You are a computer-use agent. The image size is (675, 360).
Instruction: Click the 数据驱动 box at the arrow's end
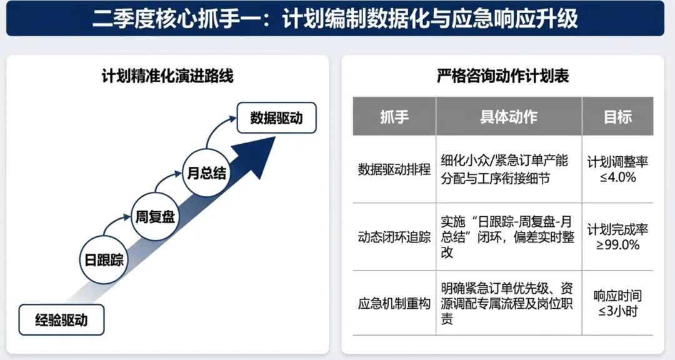(276, 117)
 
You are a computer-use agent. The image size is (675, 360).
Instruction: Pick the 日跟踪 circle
(104, 260)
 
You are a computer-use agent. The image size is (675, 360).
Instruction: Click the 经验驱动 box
(61, 321)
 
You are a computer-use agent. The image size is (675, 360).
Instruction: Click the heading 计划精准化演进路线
(167, 77)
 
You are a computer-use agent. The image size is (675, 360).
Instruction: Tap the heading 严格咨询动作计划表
(502, 77)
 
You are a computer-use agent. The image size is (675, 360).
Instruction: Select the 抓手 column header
(394, 116)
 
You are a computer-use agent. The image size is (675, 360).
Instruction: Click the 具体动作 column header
(509, 116)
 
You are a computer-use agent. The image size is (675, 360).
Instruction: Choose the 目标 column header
(617, 116)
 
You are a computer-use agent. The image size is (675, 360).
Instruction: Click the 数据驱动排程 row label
(394, 169)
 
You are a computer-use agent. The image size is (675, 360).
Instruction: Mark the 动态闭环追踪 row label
(394, 237)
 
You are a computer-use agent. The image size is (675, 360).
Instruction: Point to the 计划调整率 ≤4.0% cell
(617, 169)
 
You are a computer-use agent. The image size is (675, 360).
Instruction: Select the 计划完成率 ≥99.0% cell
(617, 237)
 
